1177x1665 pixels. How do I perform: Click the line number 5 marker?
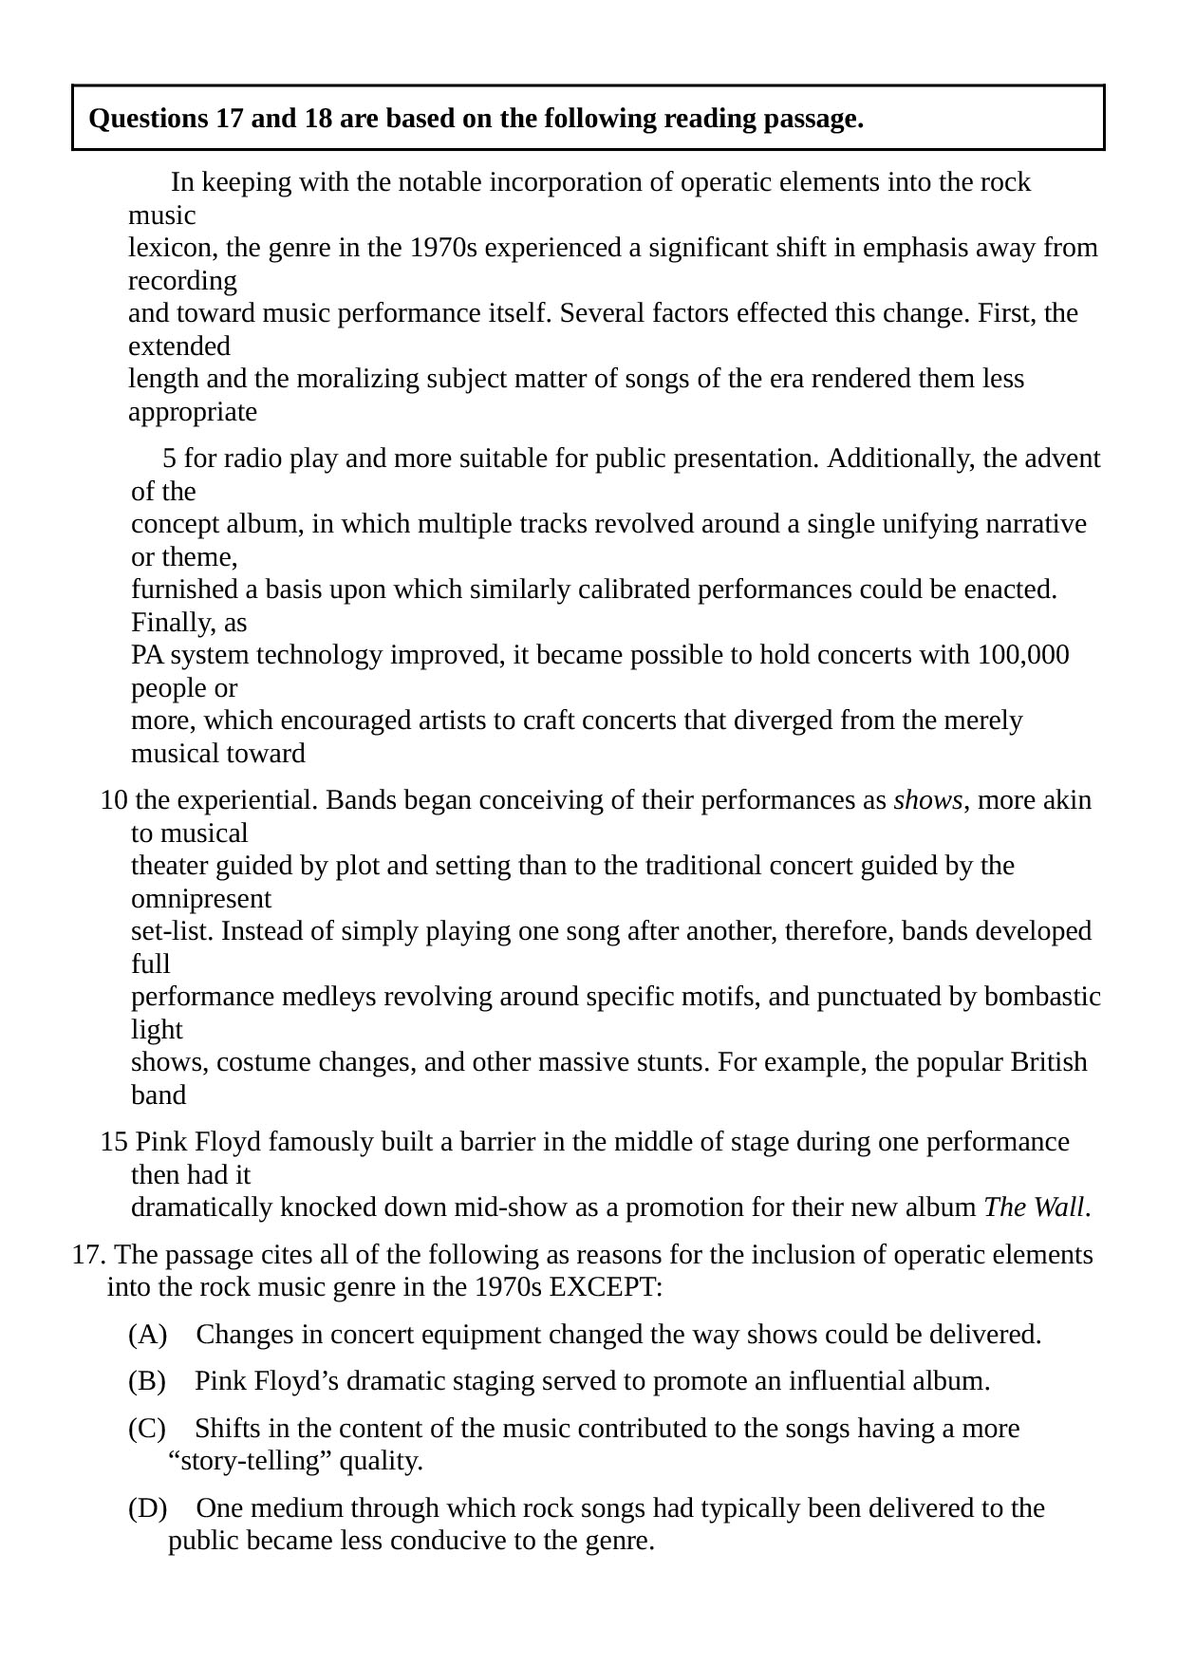tap(170, 459)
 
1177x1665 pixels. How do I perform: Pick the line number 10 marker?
tap(114, 801)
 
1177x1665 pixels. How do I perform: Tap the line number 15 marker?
tap(114, 1142)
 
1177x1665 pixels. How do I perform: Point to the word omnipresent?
tap(201, 899)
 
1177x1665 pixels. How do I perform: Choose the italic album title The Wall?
tap(1034, 1208)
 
